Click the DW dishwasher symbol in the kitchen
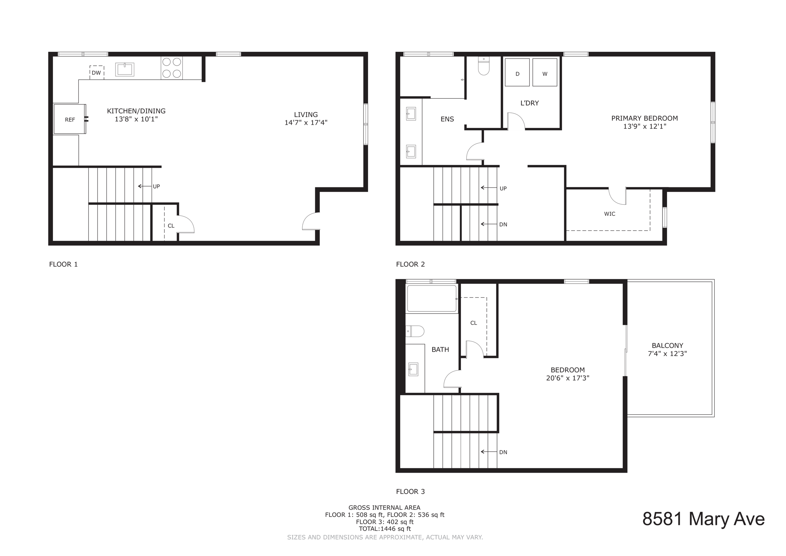[96, 73]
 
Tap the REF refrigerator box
[69, 119]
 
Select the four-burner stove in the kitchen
[172, 68]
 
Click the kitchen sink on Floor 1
[125, 69]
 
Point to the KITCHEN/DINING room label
[136, 111]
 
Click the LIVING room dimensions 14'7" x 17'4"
[306, 123]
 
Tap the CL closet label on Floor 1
[171, 226]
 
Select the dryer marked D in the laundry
[517, 73]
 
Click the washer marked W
[545, 73]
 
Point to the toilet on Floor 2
[484, 66]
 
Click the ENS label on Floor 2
[447, 119]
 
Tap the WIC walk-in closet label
[609, 214]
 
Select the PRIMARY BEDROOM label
[644, 118]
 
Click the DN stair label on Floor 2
[503, 225]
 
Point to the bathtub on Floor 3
[432, 298]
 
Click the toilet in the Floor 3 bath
[415, 331]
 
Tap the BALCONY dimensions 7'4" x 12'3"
[667, 354]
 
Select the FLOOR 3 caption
[410, 491]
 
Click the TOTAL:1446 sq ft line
[385, 529]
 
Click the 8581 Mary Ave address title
[703, 519]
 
